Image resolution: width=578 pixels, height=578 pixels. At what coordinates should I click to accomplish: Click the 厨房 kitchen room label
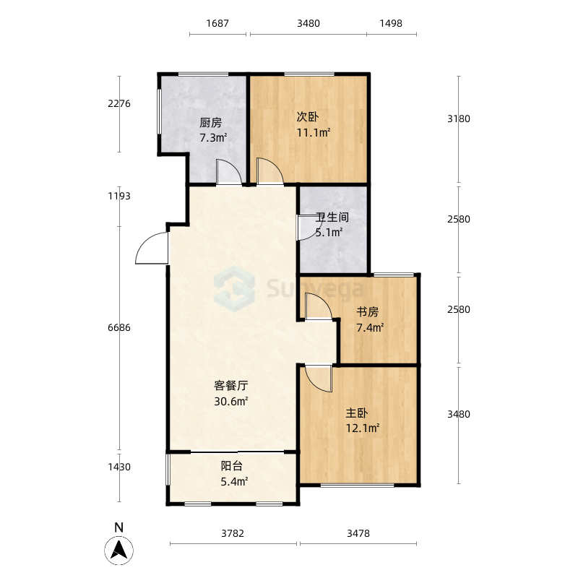point(210,122)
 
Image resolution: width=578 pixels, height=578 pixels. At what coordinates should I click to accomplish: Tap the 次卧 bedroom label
point(308,117)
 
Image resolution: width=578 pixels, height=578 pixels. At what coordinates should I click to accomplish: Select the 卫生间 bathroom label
point(332,217)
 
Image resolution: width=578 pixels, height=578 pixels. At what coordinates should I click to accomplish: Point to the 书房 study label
point(367,312)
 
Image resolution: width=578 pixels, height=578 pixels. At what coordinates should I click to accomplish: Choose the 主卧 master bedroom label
point(356,413)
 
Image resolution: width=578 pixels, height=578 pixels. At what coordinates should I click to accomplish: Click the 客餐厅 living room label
point(230,386)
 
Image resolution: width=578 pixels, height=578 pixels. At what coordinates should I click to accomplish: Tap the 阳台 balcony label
point(231,466)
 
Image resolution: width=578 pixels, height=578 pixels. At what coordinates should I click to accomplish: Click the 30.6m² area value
point(230,401)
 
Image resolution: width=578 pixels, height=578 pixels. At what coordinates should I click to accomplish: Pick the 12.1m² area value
point(363,428)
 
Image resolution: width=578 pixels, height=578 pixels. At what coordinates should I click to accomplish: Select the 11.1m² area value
point(314,132)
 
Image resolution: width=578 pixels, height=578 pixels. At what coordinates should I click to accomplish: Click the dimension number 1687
point(217,24)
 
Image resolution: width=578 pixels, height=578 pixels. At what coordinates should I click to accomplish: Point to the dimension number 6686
point(119,328)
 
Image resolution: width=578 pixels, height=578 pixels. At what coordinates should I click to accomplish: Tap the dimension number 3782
point(233,533)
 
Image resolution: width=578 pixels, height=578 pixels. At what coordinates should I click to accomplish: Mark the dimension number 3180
point(459,118)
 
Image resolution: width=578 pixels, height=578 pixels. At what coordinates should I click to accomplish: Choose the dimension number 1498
point(391,24)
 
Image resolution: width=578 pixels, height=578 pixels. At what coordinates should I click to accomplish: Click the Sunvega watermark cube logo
point(234,288)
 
